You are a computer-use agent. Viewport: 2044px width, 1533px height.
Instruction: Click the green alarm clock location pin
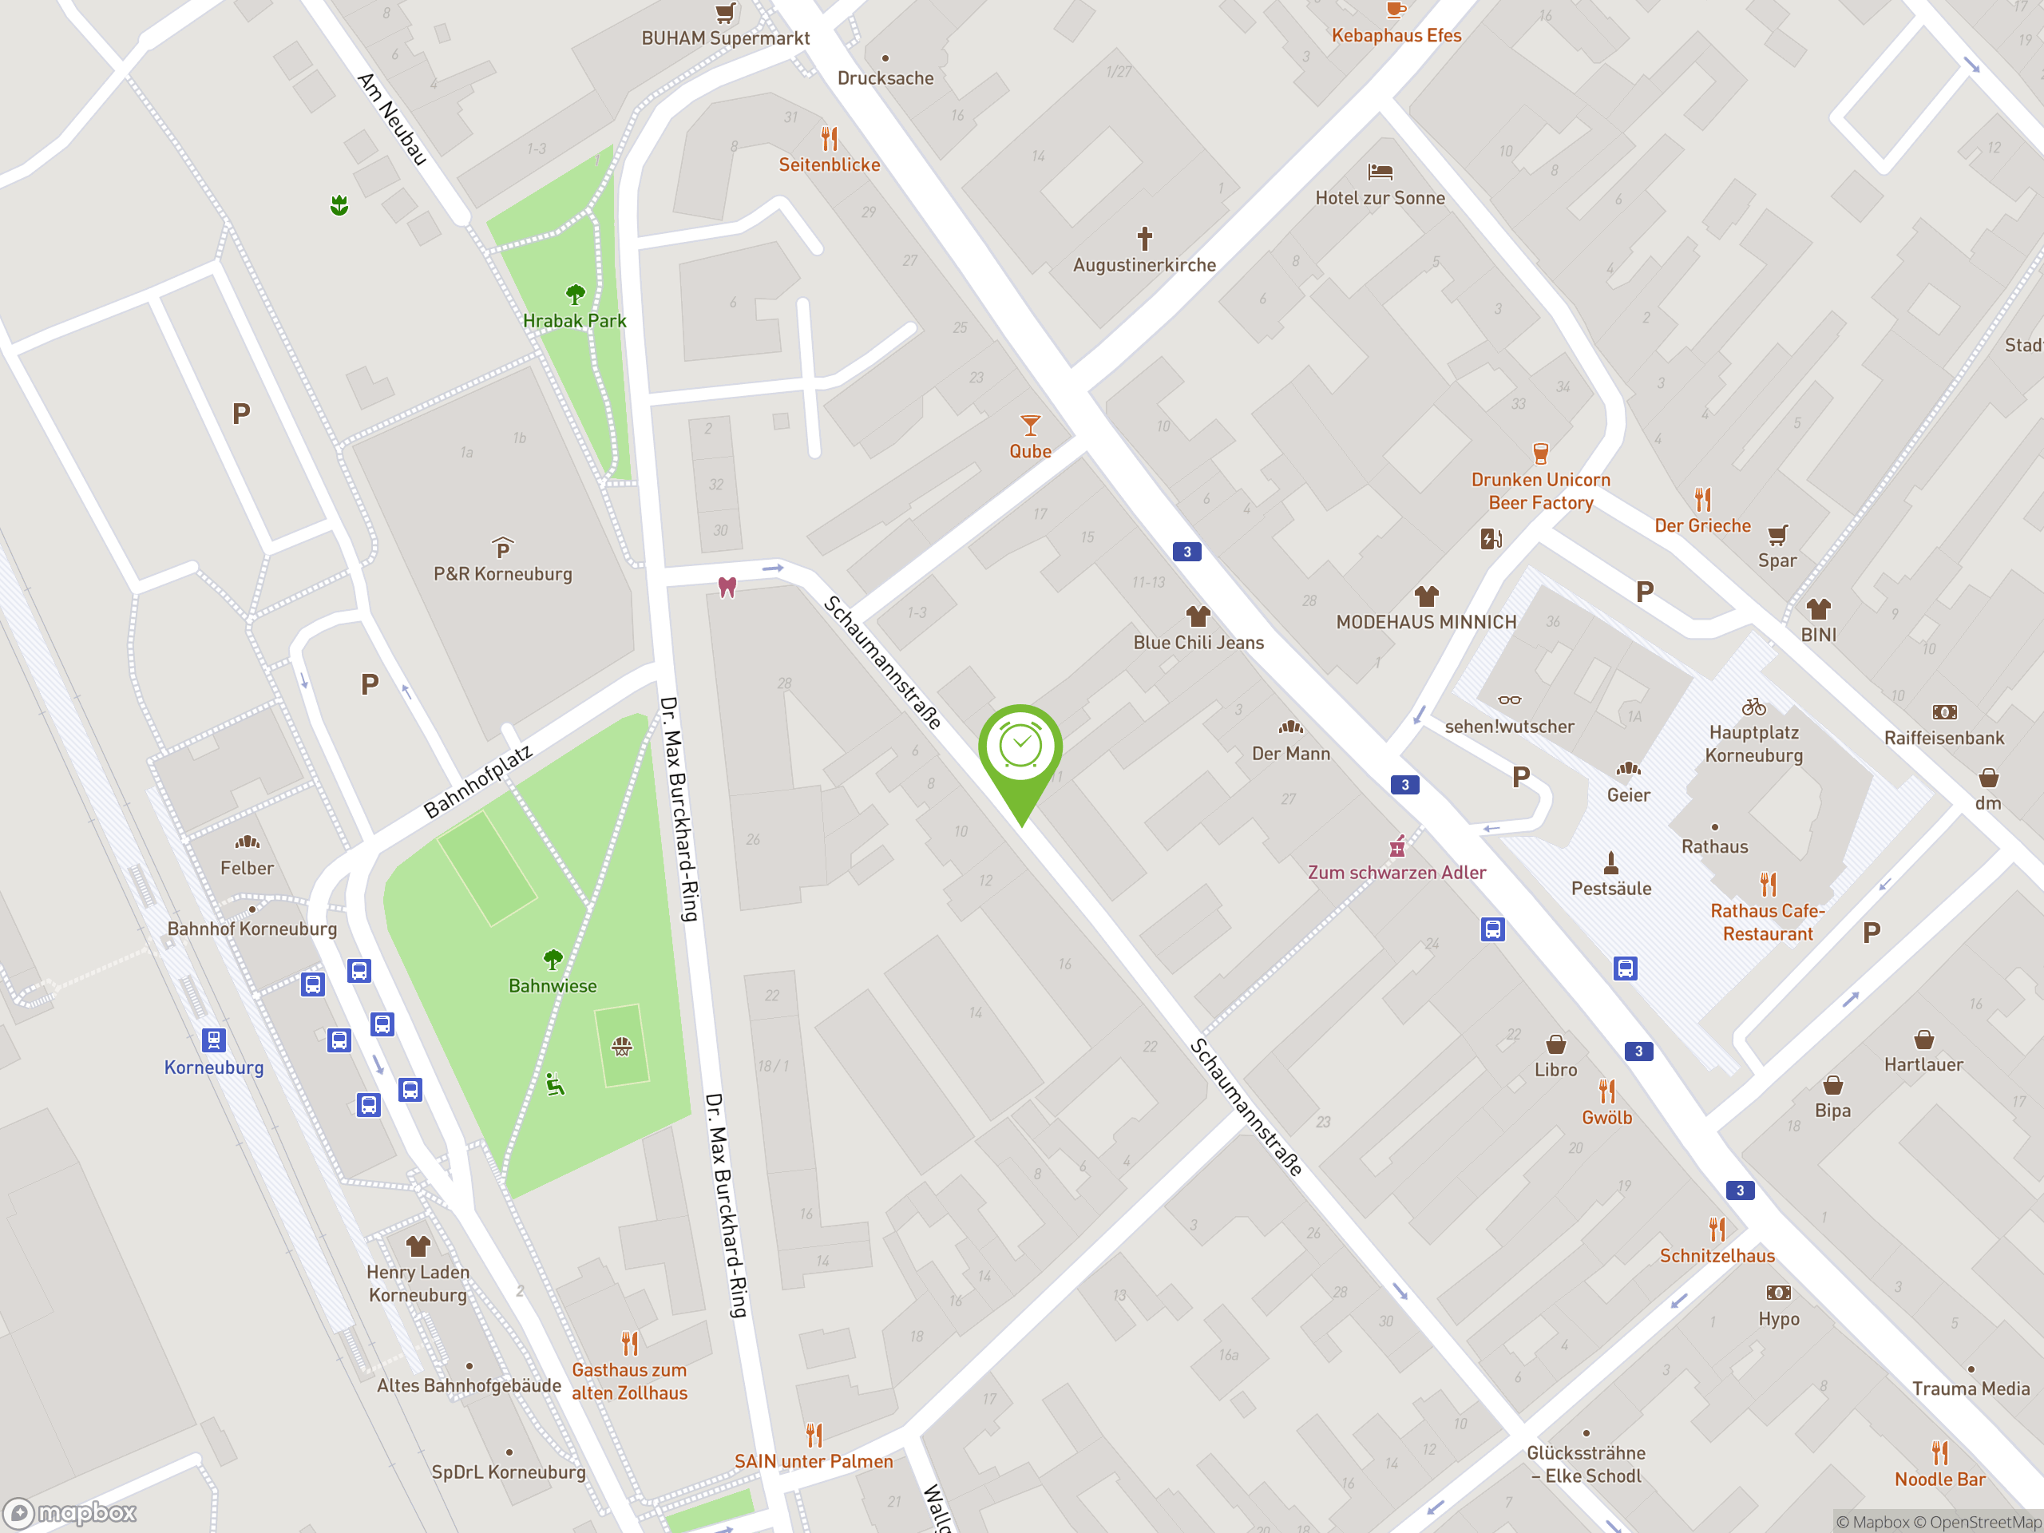click(1020, 747)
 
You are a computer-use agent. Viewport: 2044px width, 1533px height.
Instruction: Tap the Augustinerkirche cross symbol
click(1144, 239)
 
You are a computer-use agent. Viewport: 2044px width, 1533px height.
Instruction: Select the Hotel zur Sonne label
click(1380, 198)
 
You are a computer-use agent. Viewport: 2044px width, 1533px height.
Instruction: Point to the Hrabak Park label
click(574, 321)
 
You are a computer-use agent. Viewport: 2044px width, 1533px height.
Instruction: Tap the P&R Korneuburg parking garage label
click(503, 574)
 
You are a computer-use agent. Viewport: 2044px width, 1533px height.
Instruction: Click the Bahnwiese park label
click(553, 986)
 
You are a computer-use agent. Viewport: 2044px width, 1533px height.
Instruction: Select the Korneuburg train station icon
click(213, 1040)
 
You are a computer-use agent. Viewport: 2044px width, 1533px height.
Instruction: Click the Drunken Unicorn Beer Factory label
click(1540, 492)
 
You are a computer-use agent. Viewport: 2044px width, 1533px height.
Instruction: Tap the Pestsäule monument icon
click(1610, 863)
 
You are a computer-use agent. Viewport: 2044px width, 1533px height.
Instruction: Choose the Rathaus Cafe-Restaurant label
click(1767, 922)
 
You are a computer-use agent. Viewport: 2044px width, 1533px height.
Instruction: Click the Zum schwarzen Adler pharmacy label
click(1396, 873)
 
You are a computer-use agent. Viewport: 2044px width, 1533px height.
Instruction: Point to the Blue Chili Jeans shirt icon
click(1198, 616)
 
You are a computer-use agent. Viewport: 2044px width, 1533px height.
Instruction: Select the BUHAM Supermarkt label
click(725, 38)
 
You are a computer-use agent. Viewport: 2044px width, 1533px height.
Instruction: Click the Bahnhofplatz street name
click(477, 782)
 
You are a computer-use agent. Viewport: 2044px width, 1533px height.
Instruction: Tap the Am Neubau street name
click(393, 119)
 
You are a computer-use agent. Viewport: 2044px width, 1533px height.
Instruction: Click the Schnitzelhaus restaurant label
click(1717, 1256)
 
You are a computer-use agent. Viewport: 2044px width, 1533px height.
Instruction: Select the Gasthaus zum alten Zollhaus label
click(629, 1381)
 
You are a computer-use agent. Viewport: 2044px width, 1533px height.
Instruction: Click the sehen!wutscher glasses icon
click(1509, 700)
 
